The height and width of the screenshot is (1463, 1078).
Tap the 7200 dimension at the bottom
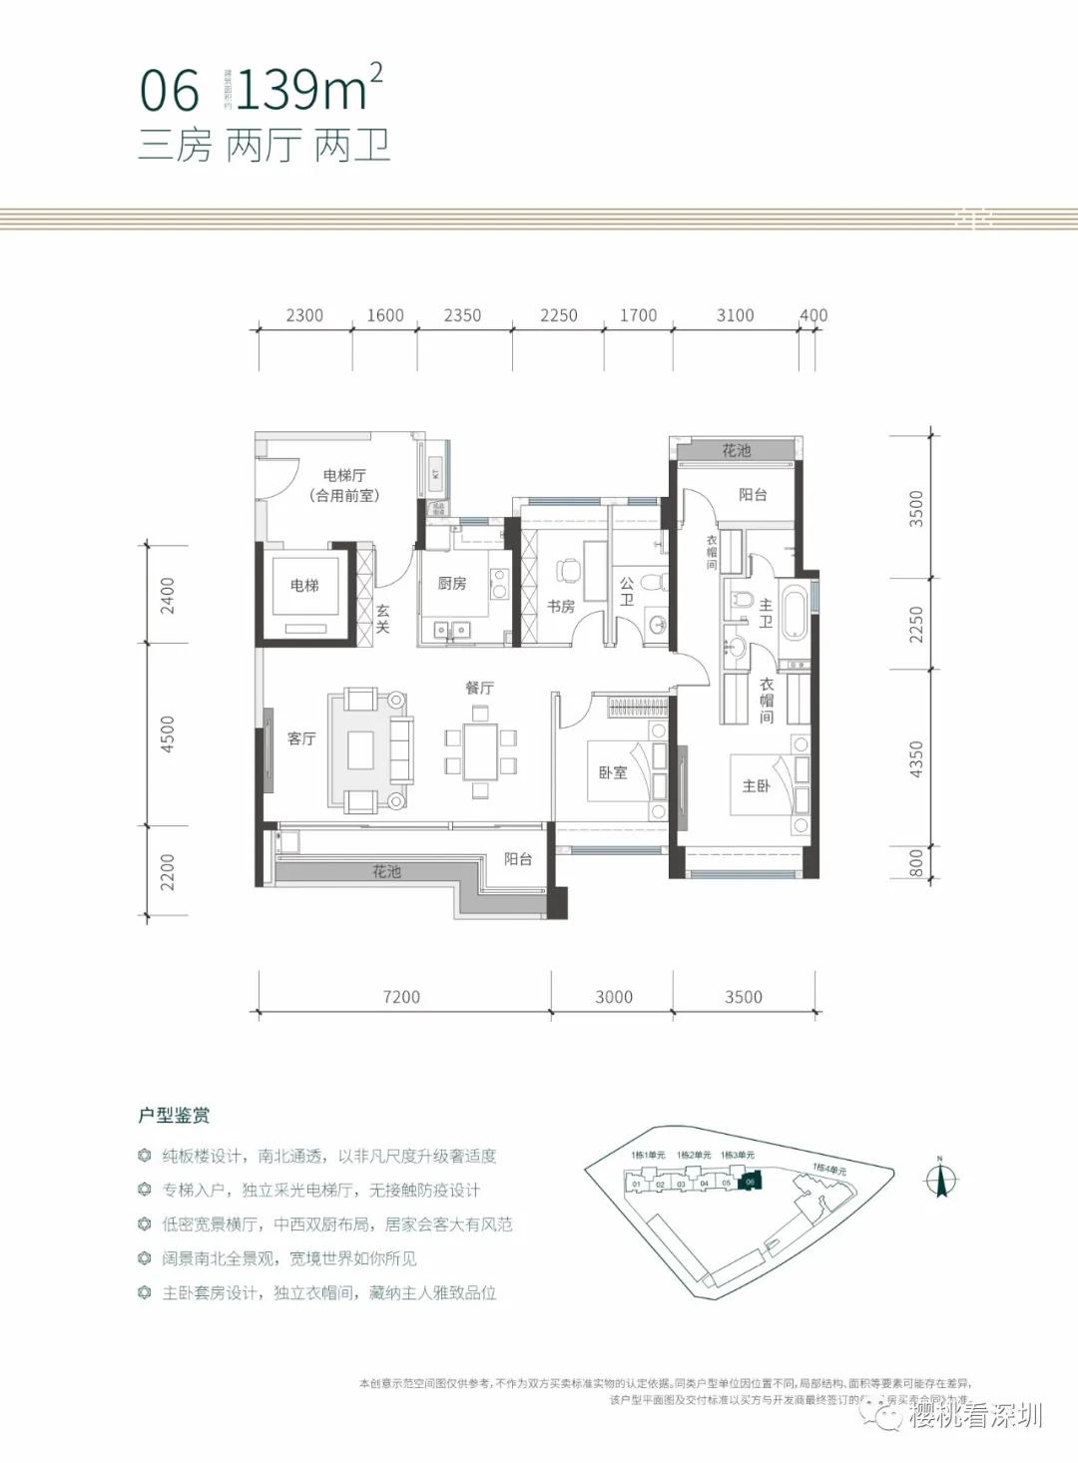tap(401, 996)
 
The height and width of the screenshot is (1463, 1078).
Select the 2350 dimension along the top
tap(462, 315)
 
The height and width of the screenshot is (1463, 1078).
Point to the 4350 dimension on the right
tap(916, 759)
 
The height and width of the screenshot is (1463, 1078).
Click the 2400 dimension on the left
tap(168, 595)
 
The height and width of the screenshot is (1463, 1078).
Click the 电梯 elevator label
tap(304, 586)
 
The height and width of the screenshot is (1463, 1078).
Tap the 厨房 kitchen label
tap(452, 583)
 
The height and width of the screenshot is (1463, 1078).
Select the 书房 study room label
tap(561, 606)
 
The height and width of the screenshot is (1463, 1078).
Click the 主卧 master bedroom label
tap(757, 785)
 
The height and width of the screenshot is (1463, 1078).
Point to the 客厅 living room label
tap(301, 738)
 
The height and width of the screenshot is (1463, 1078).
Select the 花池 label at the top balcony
tap(737, 451)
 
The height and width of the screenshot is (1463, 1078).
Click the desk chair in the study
tap(568, 571)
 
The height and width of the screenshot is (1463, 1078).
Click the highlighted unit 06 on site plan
tap(751, 1182)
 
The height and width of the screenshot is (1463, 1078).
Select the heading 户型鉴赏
tap(174, 1116)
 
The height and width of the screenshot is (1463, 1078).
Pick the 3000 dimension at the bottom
tap(614, 996)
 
